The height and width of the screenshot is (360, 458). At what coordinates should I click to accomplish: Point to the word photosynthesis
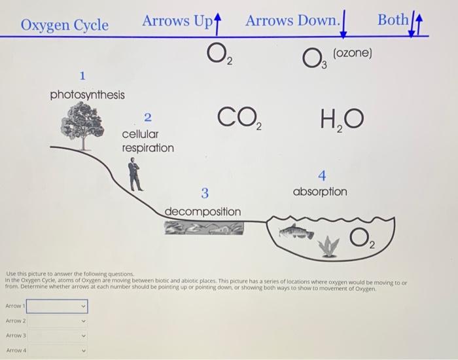tap(87, 95)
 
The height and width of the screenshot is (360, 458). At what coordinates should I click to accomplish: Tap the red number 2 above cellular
tap(147, 118)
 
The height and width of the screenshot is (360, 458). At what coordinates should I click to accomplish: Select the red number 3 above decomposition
tap(205, 193)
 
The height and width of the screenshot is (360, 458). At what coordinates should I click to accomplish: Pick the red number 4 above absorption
tap(321, 175)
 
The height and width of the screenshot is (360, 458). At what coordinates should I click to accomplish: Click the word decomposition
tap(202, 212)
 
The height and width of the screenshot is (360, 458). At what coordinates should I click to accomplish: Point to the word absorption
tap(320, 192)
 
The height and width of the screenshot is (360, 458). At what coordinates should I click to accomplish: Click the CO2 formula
tap(239, 120)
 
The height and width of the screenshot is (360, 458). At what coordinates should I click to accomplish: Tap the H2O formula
tap(341, 120)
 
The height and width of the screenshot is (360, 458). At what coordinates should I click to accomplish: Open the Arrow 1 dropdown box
tap(56, 306)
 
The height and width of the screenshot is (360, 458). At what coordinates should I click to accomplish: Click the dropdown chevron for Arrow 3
tap(82, 336)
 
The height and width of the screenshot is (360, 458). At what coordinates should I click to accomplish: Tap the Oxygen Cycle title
tap(65, 25)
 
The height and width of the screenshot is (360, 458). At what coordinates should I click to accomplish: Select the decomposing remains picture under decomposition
tap(203, 227)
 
